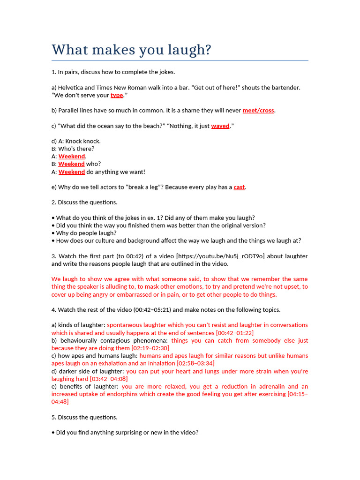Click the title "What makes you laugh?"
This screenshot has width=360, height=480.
coord(131,50)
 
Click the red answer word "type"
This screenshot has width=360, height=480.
coord(117,95)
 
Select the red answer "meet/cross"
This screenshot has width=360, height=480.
coord(258,111)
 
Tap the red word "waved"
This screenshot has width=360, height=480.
coord(220,126)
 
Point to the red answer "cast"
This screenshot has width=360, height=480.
coord(239,187)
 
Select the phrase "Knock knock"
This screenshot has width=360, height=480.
coord(82,141)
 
